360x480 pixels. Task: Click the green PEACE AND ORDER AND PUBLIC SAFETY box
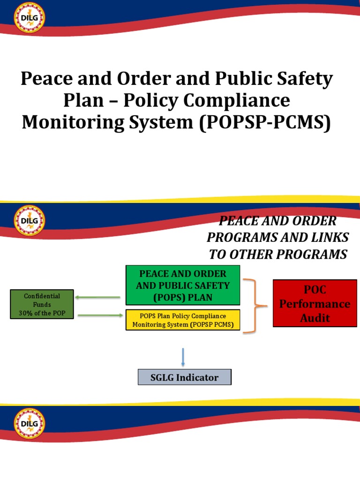(183, 285)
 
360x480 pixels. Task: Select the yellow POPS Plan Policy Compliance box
(183, 320)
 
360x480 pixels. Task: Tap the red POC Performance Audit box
(315, 303)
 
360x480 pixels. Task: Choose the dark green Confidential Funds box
(42, 304)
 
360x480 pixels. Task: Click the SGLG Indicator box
(185, 377)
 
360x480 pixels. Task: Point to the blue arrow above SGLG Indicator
(183, 357)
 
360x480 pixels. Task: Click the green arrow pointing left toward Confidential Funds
(99, 297)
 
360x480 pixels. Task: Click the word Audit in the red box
(315, 318)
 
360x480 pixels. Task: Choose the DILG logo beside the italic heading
(30, 220)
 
